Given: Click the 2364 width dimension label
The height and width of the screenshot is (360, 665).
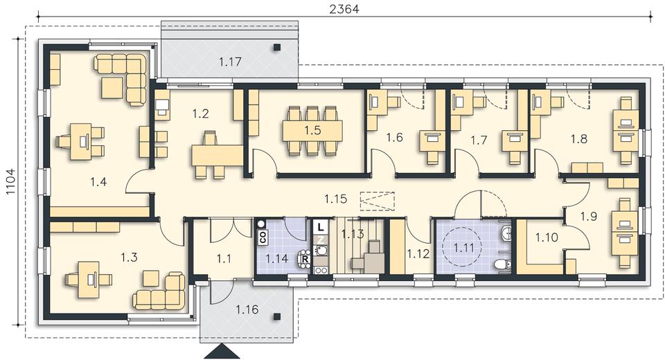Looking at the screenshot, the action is tap(344, 9).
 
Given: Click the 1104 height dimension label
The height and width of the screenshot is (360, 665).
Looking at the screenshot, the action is tap(10, 182).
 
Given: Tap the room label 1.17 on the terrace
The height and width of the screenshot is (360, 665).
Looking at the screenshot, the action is tap(230, 62).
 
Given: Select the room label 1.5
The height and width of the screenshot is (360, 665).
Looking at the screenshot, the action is tap(312, 131).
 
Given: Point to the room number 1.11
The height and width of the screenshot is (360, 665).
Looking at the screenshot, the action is tap(464, 247).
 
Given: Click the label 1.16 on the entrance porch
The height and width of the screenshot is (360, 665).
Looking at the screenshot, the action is tap(247, 309).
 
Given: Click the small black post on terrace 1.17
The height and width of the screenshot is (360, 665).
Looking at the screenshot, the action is tap(277, 48).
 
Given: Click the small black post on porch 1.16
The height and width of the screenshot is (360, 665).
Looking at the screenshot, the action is tap(277, 316).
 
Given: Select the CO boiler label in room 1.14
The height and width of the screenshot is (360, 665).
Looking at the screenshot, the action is tap(263, 237).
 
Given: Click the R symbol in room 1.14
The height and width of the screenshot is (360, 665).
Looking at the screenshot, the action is tap(305, 258).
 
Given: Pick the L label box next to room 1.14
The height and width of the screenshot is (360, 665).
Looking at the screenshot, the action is tap(321, 227).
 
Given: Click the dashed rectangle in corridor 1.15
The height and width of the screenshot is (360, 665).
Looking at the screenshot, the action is tap(377, 201).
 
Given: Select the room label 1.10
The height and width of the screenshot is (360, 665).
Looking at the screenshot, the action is tap(547, 237).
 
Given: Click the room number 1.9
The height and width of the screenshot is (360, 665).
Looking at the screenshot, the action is tap(589, 216).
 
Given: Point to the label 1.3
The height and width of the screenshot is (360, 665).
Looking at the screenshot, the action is tap(129, 257).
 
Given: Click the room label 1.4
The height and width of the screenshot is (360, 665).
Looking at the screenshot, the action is tap(98, 182).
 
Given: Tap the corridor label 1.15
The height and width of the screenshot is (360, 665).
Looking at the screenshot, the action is tap(336, 199).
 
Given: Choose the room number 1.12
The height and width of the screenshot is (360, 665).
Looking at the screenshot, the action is tap(418, 253).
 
